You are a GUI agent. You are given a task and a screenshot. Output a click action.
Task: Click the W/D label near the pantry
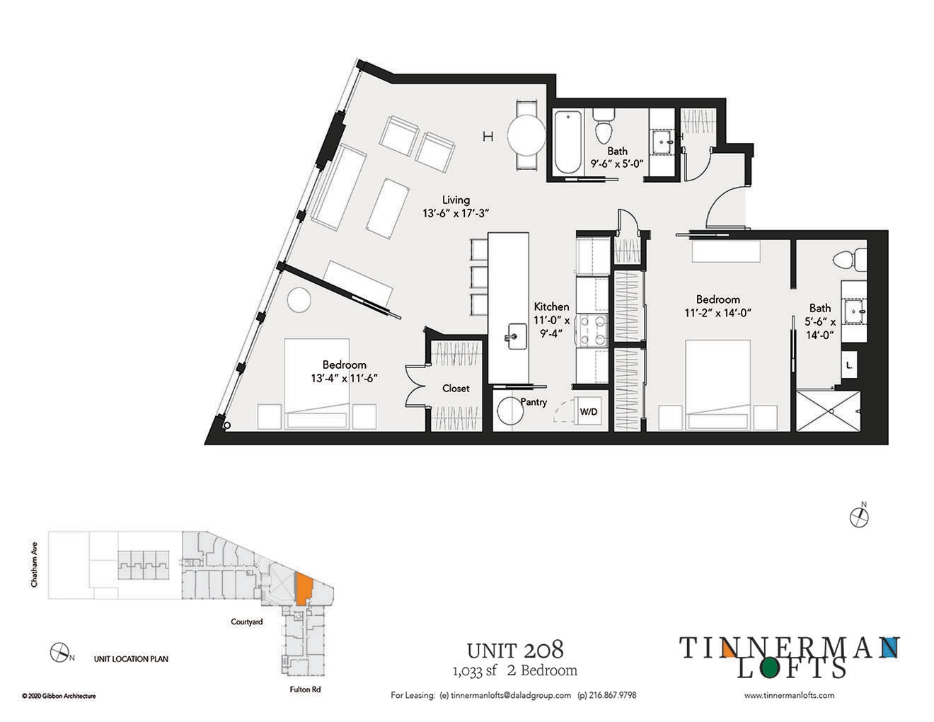589,411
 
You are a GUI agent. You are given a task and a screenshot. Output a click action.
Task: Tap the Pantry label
533,402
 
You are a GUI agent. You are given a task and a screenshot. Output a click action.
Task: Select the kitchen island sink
515,333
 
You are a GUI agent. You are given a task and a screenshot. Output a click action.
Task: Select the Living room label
456,200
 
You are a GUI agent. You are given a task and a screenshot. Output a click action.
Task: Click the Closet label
456,388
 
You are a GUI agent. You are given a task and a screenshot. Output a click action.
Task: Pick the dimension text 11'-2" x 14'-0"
717,312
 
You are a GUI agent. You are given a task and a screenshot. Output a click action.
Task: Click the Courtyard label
247,622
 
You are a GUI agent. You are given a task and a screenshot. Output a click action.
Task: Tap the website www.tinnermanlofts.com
789,695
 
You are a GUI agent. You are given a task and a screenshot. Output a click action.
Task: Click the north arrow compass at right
860,516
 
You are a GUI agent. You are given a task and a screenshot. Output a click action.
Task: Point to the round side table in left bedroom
299,300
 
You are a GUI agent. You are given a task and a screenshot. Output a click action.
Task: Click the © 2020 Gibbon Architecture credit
59,696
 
